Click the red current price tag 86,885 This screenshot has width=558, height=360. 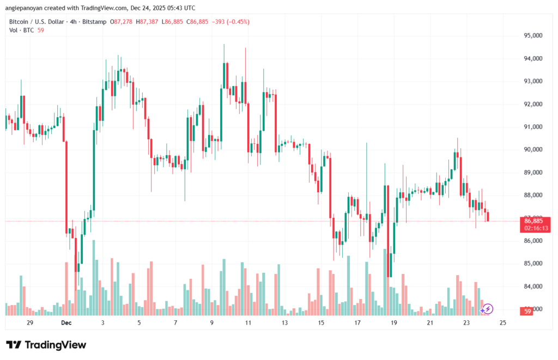533,221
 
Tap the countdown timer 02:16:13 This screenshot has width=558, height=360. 533,228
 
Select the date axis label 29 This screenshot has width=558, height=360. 30,323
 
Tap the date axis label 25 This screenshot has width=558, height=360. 503,323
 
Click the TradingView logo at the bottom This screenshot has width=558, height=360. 46,345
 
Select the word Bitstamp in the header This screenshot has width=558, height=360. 96,22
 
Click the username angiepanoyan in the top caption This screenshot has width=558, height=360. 25,8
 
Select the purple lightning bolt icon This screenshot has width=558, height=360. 488,309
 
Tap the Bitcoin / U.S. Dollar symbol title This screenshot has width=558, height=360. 37,22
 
